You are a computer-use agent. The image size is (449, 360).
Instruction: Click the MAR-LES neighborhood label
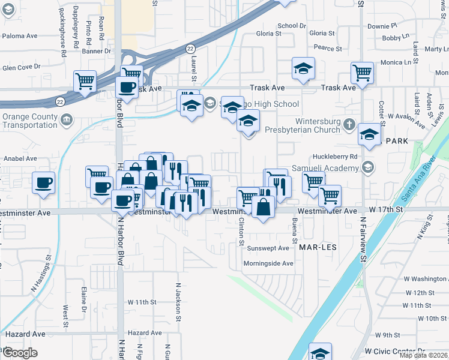(x=315, y=247)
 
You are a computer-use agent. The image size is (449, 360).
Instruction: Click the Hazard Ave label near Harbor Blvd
(x=145, y=332)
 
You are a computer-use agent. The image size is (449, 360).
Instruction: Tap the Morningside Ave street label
(x=268, y=263)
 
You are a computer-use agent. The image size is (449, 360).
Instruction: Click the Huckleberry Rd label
(x=340, y=156)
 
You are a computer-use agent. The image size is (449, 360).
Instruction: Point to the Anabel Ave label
(x=20, y=159)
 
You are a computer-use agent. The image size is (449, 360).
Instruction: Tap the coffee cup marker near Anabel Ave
(x=44, y=182)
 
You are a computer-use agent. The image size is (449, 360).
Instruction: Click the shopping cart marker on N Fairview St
(x=362, y=73)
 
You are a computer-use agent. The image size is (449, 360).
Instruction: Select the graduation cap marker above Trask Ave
(x=303, y=69)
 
